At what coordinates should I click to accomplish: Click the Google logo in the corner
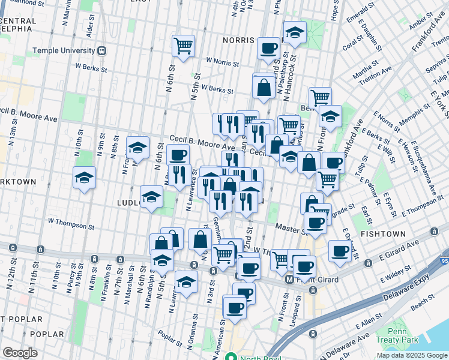coord(20,353)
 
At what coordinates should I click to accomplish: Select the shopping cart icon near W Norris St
coord(183,46)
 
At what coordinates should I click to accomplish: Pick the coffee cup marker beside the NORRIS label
coord(269,49)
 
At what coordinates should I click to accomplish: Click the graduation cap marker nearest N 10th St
coord(85,177)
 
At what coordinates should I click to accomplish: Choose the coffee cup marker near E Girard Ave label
coord(340,251)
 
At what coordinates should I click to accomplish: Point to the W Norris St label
coord(223,61)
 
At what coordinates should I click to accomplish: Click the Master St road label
coord(288,227)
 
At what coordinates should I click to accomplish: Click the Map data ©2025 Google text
coord(411,355)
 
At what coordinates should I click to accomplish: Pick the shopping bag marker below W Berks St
coord(264,87)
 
